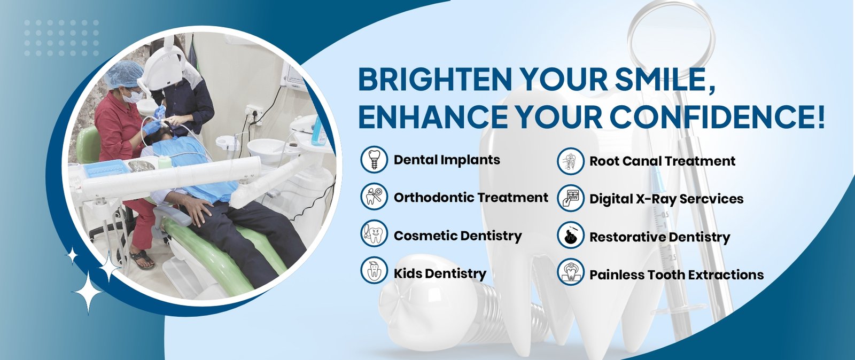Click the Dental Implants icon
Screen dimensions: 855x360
(x=374, y=159)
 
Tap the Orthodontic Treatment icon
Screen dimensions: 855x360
(x=374, y=197)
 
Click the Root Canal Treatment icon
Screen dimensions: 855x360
(x=571, y=161)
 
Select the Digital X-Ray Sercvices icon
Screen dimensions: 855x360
(x=571, y=198)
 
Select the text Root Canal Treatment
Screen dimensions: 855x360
(x=662, y=161)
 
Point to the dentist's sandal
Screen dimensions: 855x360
(x=142, y=260)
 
